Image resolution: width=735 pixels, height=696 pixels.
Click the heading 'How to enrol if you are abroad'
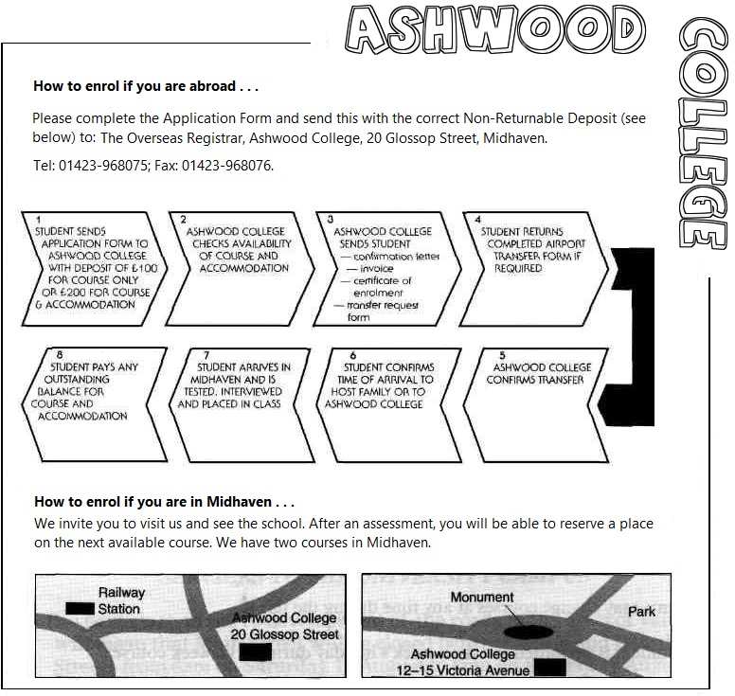(x=146, y=86)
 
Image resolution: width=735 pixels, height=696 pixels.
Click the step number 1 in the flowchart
(x=38, y=220)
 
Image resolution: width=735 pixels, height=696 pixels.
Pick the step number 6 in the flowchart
(x=352, y=356)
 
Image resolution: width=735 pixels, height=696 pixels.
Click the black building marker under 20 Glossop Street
(x=256, y=651)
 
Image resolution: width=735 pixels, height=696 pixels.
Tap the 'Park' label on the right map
(x=641, y=612)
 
